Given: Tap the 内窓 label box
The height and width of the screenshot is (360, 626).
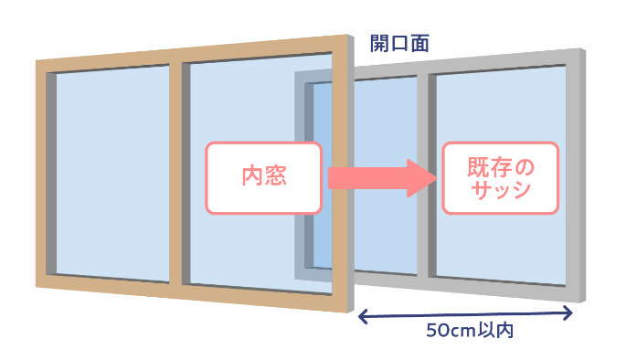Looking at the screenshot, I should point(263,176).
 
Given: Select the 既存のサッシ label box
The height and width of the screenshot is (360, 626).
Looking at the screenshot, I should point(499,178).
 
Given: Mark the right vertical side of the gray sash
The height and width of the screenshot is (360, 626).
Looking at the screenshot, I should point(576,174).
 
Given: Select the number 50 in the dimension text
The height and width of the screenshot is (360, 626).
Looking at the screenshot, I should point(438,331).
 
